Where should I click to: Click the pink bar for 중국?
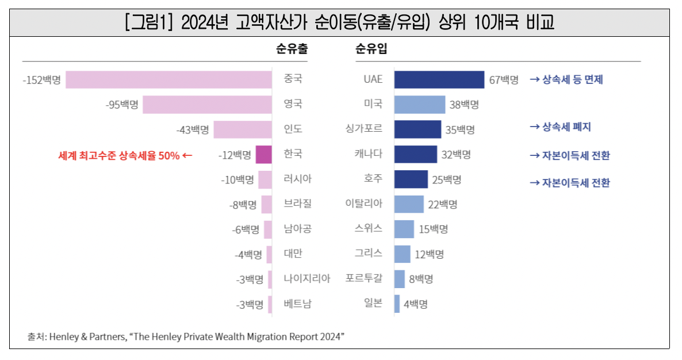point(168,79)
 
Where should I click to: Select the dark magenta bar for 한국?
point(263,154)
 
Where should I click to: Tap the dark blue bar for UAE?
point(439,79)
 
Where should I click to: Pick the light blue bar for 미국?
point(419,104)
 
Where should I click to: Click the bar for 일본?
point(397,304)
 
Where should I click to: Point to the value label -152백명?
point(41,80)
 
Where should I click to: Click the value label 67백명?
point(504,80)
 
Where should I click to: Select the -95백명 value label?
point(122,105)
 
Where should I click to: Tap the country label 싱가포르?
point(363,128)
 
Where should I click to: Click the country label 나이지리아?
point(307,279)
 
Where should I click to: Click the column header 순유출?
point(292,49)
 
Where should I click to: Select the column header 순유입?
point(371,49)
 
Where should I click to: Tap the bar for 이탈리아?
point(408,204)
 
